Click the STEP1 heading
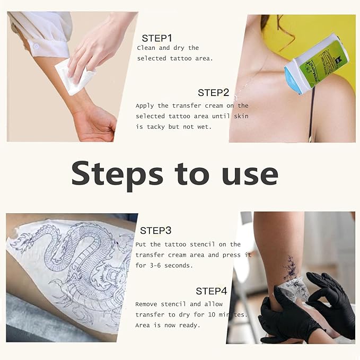[157, 38]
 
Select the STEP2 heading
[213, 93]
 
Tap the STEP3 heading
[156, 231]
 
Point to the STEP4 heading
[211, 291]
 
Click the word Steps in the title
[117, 174]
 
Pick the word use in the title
[250, 176]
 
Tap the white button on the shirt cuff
[36, 47]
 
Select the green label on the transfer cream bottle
[328, 63]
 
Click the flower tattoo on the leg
[291, 269]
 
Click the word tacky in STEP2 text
[156, 127]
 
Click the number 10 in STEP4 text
[212, 314]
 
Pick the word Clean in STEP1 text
[146, 48]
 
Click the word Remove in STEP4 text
[146, 304]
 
